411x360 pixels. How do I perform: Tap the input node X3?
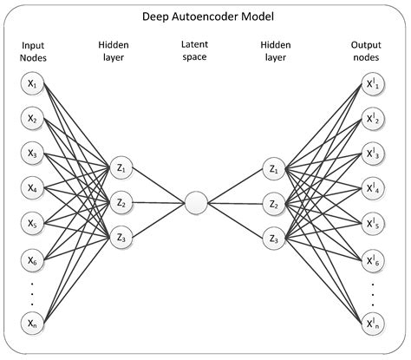pyautogui.click(x=32, y=154)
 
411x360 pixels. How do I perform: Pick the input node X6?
pyautogui.click(x=32, y=259)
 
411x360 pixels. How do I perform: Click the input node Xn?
pyautogui.click(x=32, y=324)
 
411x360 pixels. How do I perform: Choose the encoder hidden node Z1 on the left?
pyautogui.click(x=121, y=168)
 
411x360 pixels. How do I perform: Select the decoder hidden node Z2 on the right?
pyautogui.click(x=275, y=205)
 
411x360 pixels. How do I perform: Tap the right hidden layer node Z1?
pyautogui.click(x=275, y=168)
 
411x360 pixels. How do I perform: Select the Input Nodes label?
pyautogui.click(x=32, y=49)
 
